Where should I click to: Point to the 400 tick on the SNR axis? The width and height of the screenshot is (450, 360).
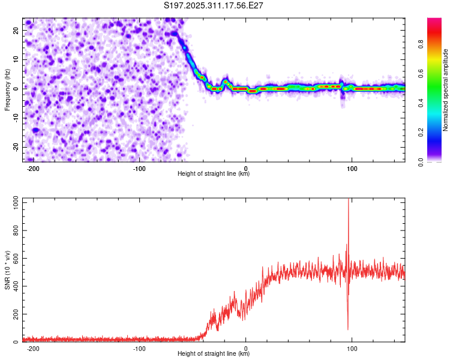point(15,286)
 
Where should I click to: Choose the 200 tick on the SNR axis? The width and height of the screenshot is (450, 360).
point(15,314)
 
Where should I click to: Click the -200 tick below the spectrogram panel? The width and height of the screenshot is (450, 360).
point(34,168)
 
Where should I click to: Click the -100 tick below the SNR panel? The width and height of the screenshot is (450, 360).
point(140,348)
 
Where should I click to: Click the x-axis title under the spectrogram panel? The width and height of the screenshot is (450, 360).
point(214,174)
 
